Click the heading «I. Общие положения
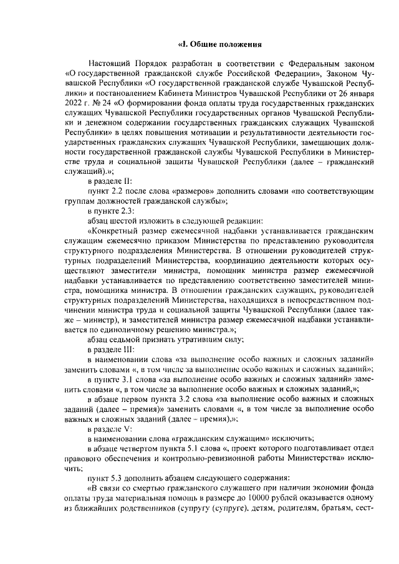click(x=219, y=44)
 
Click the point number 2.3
click(x=126, y=212)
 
